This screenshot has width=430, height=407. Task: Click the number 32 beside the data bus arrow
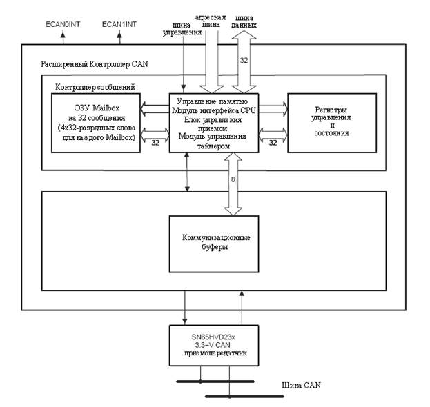tap(244, 61)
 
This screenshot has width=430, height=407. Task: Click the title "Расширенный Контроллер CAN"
tap(95, 65)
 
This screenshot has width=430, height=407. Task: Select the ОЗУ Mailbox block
tap(96, 123)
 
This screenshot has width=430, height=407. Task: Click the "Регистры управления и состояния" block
tap(332, 122)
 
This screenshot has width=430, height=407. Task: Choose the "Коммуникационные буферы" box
tap(215, 243)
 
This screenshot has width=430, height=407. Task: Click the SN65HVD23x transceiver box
tap(214, 345)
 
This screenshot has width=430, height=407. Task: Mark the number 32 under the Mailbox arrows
tap(155, 143)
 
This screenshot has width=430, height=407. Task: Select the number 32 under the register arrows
tap(273, 143)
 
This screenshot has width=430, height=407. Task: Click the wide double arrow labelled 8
tap(228, 184)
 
